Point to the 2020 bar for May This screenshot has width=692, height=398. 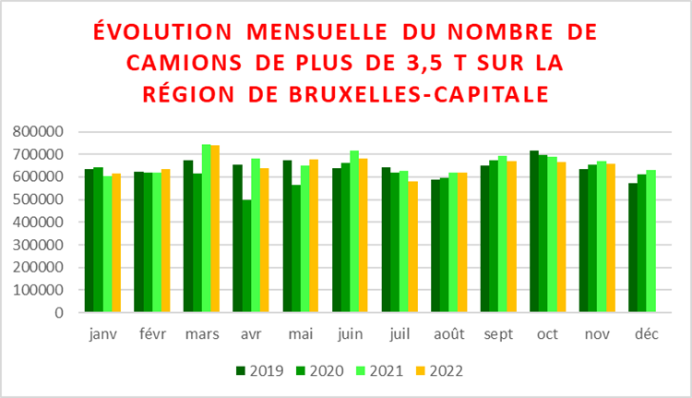coord(296,248)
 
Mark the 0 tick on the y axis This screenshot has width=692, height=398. coord(57,312)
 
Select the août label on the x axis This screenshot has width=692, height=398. coord(448,333)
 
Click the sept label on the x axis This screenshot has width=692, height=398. coord(498,333)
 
